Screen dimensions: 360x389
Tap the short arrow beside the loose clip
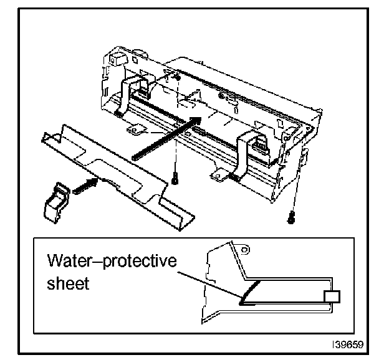(86, 184)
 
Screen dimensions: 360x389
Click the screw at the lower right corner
(291, 217)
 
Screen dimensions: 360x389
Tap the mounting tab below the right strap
(218, 177)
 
